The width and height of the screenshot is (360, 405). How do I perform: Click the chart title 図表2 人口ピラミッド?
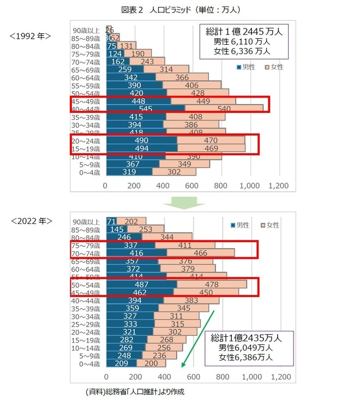pyautogui.click(x=179, y=10)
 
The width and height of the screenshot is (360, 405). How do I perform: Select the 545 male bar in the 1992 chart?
pyautogui.click(x=146, y=108)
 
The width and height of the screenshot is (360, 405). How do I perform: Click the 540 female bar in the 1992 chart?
pyautogui.click(x=224, y=108)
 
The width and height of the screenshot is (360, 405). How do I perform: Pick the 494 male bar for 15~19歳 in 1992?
pyautogui.click(x=141, y=148)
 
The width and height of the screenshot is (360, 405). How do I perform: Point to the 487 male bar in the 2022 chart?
pyautogui.click(x=141, y=284)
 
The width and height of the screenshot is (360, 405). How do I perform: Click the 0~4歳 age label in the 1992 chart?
pyautogui.click(x=89, y=172)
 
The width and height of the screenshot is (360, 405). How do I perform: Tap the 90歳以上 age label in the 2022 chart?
pyautogui.click(x=87, y=221)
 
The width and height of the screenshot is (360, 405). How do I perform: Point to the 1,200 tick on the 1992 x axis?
pyautogui.click(x=279, y=186)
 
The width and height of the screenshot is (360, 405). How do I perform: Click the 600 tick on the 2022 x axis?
pyautogui.click(x=192, y=377)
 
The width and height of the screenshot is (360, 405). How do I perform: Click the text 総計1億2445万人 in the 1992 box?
pyautogui.click(x=236, y=32)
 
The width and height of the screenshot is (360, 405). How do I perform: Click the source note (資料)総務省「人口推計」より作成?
pyautogui.click(x=135, y=391)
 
